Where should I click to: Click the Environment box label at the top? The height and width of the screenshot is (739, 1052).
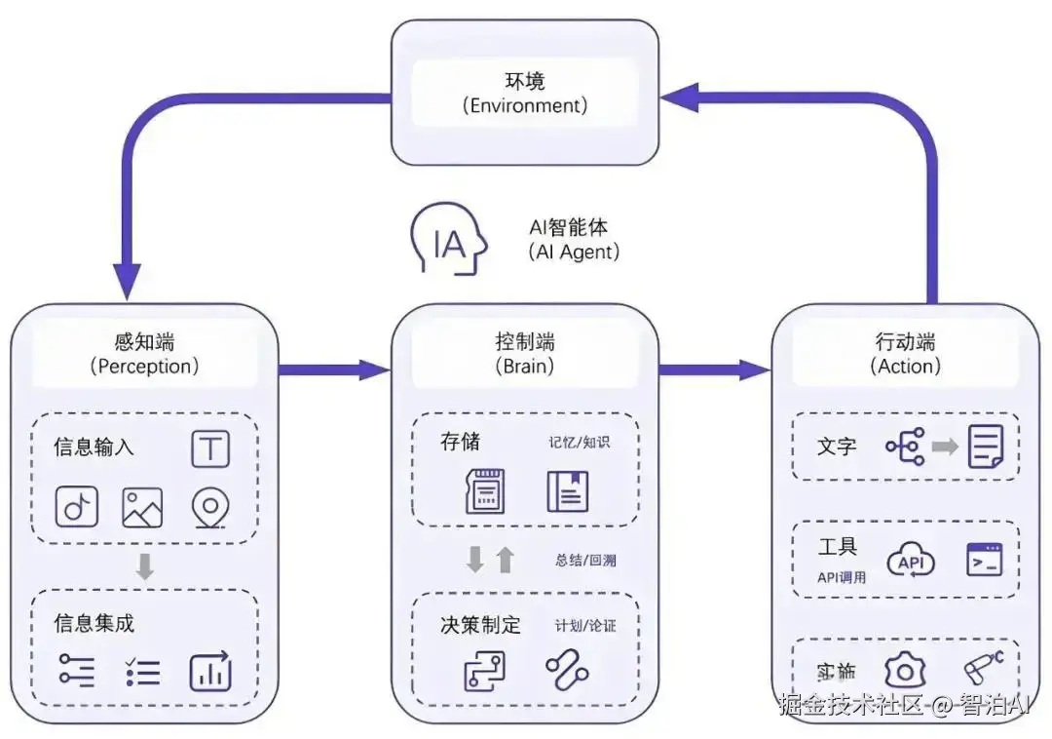point(525,92)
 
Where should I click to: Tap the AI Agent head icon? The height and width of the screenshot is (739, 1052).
point(448,240)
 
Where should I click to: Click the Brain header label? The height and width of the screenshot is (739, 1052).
point(525,354)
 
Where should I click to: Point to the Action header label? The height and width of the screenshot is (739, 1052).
point(905,354)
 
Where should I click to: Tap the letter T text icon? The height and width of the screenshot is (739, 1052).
point(210,449)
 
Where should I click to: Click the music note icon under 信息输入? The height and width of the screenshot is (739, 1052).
point(76,507)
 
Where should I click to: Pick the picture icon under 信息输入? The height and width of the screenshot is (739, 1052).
point(142,507)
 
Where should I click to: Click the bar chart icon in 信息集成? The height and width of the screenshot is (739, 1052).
point(210,672)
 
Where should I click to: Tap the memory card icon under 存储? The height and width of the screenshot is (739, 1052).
point(485,490)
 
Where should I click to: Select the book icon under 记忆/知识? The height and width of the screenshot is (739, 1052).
point(567,490)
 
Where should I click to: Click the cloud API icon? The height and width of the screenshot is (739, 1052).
point(910,561)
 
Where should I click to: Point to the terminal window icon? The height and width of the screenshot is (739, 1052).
point(984,560)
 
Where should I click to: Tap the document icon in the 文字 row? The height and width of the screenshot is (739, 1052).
point(985,447)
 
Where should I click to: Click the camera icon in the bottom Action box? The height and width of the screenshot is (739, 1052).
point(905,670)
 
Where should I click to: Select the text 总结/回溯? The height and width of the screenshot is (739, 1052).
point(585,561)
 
